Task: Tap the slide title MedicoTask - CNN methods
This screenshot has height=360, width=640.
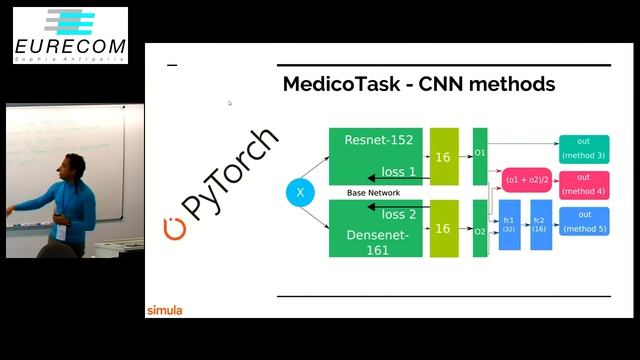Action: [418, 84]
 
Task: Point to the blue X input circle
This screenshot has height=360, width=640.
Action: [300, 192]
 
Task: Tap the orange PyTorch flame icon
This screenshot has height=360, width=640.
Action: [175, 228]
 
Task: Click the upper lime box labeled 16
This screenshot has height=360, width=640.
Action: [443, 157]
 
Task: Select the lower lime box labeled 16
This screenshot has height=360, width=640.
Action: [443, 229]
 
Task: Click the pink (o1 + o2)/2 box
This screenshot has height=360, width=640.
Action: [526, 180]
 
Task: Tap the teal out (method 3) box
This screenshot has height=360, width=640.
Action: [584, 149]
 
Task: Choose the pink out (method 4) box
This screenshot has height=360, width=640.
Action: [584, 184]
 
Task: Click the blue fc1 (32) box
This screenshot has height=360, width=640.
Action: [510, 224]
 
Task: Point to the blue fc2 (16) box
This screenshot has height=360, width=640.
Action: [540, 224]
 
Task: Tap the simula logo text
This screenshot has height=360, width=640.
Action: [165, 310]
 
